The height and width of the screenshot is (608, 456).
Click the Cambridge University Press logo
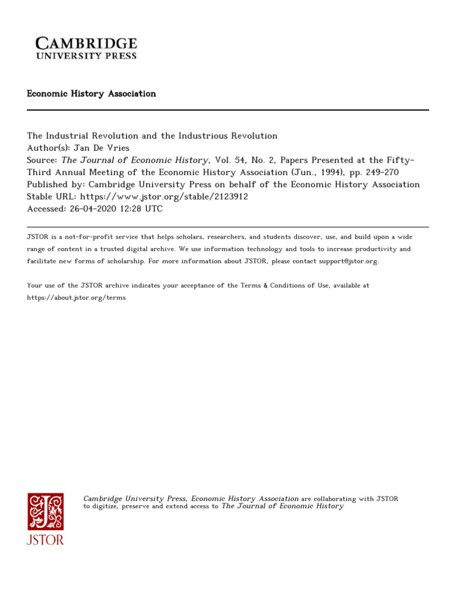pyautogui.click(x=86, y=47)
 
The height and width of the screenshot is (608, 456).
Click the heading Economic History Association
pyautogui.click(x=91, y=94)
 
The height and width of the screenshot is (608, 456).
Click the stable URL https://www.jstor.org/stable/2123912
pyautogui.click(x=164, y=197)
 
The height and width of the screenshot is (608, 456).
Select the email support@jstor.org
pyautogui.click(x=340, y=261)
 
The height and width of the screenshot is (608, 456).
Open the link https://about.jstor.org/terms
pyautogui.click(x=77, y=297)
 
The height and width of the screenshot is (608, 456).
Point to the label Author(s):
pyautogui.click(x=47, y=148)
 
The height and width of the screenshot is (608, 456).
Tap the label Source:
pyautogui.click(x=43, y=160)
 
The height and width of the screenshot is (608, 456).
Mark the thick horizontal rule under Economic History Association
pyautogui.click(x=228, y=110)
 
